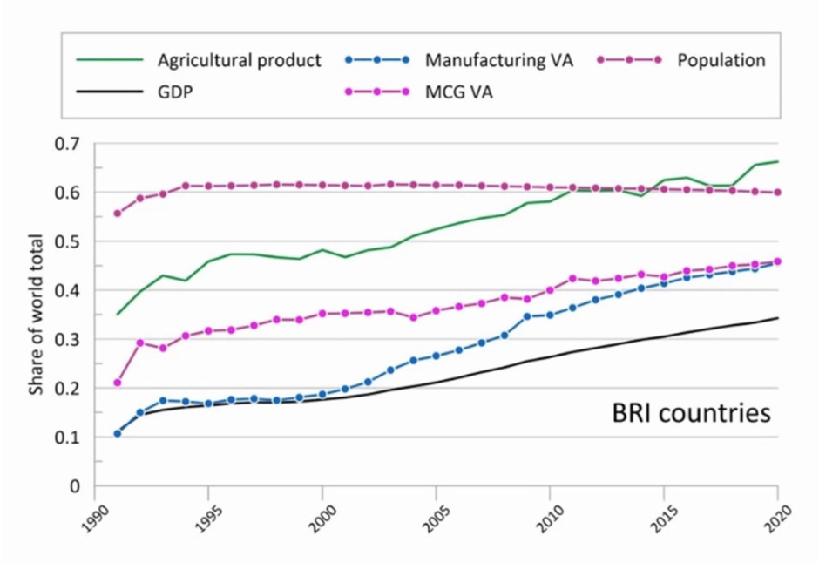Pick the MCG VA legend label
click(460, 90)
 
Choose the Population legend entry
click(721, 60)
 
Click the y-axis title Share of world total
click(37, 314)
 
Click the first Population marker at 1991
click(118, 214)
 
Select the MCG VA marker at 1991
click(118, 383)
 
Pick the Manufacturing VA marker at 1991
click(118, 433)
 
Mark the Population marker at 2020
click(777, 193)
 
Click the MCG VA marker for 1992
click(140, 343)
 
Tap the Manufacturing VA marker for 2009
click(527, 316)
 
